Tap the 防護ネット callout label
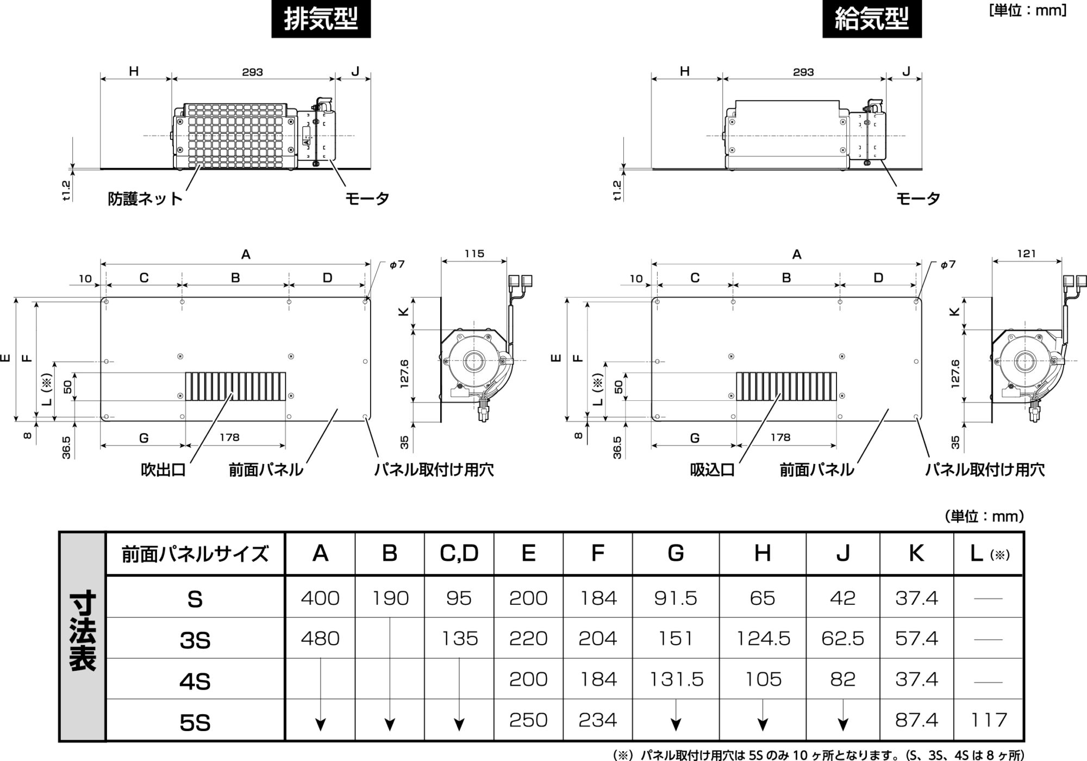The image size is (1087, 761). (145, 199)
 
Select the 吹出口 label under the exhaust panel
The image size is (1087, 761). (163, 469)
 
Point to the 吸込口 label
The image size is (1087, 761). (713, 469)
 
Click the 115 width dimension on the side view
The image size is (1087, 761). (474, 253)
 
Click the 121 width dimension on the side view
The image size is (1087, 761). (1026, 253)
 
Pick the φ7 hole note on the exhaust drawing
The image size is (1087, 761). (397, 265)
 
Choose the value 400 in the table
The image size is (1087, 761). (320, 598)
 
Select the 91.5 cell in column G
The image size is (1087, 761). (676, 598)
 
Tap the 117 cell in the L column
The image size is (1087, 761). (989, 720)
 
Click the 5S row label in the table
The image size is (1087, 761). (195, 722)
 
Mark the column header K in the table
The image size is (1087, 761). (916, 553)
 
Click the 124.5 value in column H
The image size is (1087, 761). (763, 639)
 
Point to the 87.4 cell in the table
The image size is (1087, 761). (916, 720)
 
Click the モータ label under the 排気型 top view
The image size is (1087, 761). (367, 199)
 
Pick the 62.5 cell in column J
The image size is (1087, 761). (842, 639)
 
